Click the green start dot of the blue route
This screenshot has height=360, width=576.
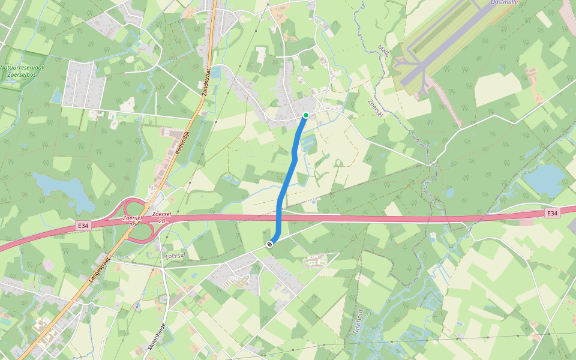[x=306, y=115]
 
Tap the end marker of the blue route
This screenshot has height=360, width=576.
[x=271, y=244]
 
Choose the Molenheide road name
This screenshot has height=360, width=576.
[x=157, y=337]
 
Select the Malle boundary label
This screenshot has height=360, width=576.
[x=384, y=51]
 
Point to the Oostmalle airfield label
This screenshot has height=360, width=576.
[x=503, y=2]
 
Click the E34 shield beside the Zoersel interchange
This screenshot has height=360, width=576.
[x=83, y=226]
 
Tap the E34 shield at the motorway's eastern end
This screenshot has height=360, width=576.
[x=552, y=213]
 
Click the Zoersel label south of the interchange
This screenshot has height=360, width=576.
[x=175, y=256]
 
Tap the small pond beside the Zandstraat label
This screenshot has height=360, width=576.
[x=215, y=73]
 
